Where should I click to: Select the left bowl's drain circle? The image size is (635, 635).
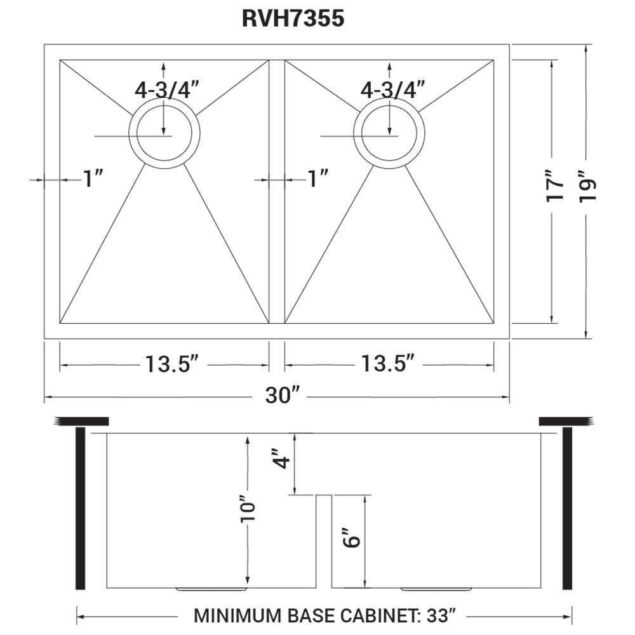tap(164, 133)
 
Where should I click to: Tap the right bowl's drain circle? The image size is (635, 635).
tap(389, 133)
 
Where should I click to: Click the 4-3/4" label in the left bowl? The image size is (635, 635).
tap(167, 90)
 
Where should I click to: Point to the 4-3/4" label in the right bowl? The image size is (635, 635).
tap(392, 90)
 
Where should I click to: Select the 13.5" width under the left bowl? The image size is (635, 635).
tap(172, 364)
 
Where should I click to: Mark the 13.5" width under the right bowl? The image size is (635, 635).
tap(389, 364)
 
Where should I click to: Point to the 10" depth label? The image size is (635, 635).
tap(248, 508)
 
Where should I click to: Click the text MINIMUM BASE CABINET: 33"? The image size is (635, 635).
tap(324, 615)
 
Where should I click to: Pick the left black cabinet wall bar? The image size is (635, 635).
tap(81, 508)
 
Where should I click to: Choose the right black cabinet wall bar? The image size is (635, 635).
tap(568, 508)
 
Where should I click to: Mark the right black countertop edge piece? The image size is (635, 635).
tap(565, 421)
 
